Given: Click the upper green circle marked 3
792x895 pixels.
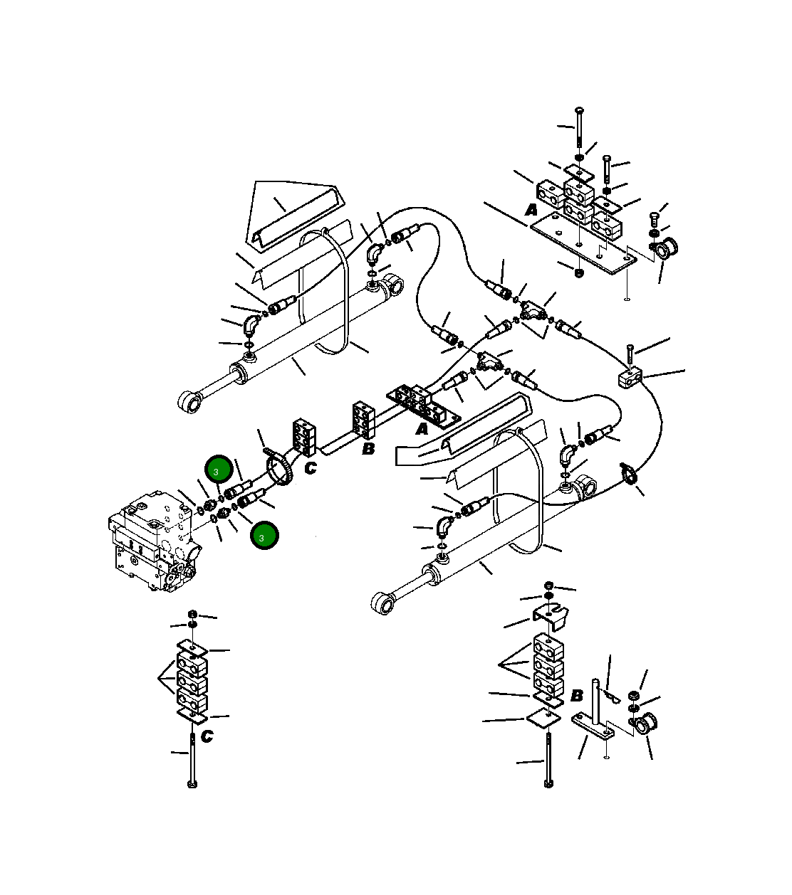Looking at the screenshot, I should click(x=219, y=470).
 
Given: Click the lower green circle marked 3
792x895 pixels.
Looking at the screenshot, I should click(x=264, y=536).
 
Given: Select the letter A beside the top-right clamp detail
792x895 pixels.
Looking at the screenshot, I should click(x=531, y=210).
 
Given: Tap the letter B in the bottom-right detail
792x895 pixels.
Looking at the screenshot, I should click(x=577, y=695).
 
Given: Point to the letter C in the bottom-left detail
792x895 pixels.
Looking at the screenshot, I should click(x=207, y=736).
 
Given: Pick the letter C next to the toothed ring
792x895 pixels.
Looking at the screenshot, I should click(x=311, y=468).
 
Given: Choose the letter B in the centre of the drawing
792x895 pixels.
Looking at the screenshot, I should click(x=368, y=449).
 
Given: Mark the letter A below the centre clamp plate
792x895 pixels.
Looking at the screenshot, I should click(x=422, y=429).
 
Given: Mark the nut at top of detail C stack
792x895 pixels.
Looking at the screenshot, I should click(x=192, y=613).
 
